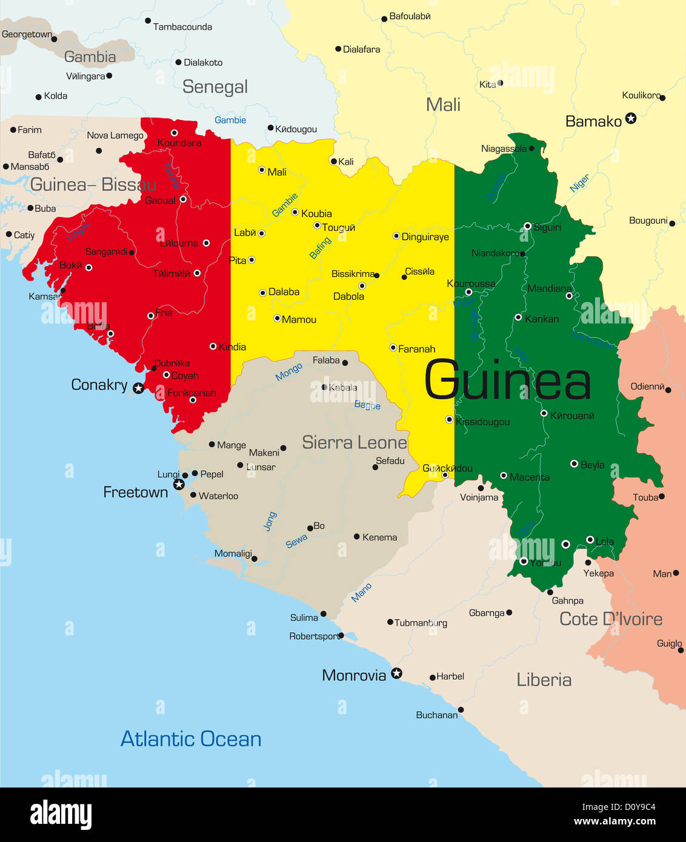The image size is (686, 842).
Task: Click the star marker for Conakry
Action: coord(139,388)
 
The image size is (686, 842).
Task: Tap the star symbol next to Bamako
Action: coord(631,118)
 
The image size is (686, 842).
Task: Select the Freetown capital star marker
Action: coord(179,484)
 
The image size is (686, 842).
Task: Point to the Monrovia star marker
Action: coord(396,673)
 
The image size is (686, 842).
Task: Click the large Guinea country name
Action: coord(507,381)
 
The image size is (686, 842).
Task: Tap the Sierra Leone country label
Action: coord(355,442)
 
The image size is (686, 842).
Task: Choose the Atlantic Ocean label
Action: coord(191,739)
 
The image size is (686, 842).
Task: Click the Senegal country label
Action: coord(215,87)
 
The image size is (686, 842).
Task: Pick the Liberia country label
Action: coord(544,680)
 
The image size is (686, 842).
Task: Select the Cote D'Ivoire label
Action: coord(611,619)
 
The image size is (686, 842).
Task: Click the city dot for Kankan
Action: coord(518,317)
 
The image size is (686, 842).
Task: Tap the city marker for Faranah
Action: coord(393,348)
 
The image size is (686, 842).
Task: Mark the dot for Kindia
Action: coord(213,346)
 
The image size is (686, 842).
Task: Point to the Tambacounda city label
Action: coord(182,27)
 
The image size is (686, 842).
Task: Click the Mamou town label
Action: coord(299,319)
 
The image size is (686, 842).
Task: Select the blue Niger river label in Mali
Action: coord(579,183)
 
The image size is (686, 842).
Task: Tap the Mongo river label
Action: coord(288,372)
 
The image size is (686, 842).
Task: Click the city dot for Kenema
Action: coord(357,537)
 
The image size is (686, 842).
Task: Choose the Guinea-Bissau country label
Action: coord(93,185)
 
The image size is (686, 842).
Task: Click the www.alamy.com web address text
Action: coord(614,821)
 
